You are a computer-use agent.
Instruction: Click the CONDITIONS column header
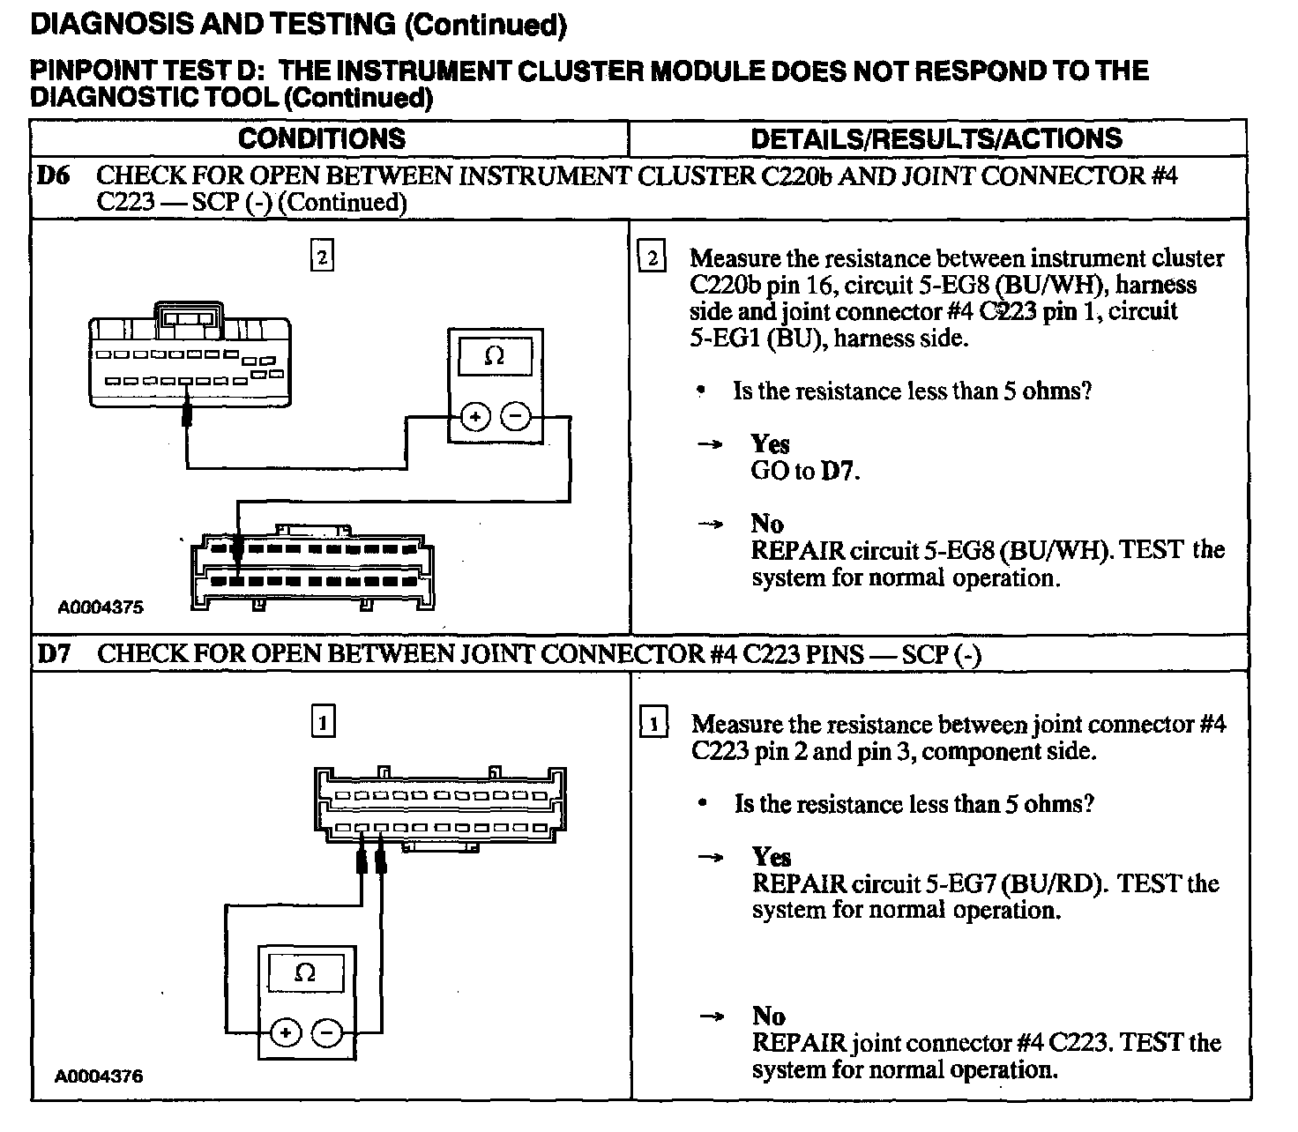(x=322, y=138)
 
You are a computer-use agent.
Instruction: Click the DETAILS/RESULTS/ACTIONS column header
(x=936, y=138)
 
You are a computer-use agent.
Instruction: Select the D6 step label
(x=52, y=175)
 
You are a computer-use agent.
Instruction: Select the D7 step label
(x=52, y=653)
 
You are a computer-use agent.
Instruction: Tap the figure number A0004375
(x=101, y=607)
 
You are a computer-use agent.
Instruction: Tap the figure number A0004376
(x=99, y=1076)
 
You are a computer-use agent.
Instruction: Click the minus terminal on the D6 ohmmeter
(x=516, y=417)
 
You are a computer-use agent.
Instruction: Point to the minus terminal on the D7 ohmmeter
(x=327, y=1031)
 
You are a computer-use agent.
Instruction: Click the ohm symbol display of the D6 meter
(x=495, y=357)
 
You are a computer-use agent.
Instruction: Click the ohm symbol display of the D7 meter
(x=305, y=972)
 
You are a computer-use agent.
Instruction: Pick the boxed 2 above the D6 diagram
(x=323, y=257)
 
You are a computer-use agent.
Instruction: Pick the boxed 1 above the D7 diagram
(x=323, y=723)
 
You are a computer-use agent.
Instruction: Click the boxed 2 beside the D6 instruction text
(x=653, y=257)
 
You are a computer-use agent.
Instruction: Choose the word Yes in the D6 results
(x=770, y=443)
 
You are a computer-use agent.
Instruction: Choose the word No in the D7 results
(x=768, y=1016)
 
